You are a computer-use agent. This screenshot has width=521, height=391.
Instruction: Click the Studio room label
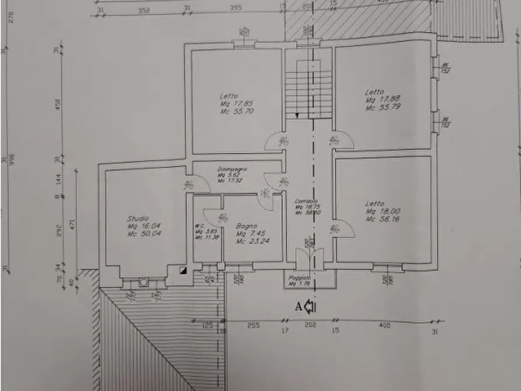(x=138, y=219)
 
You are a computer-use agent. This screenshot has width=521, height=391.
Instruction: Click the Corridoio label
(x=306, y=200)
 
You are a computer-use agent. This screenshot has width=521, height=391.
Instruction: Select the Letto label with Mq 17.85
(x=228, y=96)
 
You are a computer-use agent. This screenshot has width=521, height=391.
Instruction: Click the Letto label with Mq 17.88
(x=375, y=92)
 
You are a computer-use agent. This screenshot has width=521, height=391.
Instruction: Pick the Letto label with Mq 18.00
(x=375, y=203)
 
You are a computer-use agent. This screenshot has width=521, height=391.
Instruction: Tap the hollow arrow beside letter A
(x=309, y=306)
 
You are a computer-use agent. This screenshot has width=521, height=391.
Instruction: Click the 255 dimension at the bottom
(x=253, y=326)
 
